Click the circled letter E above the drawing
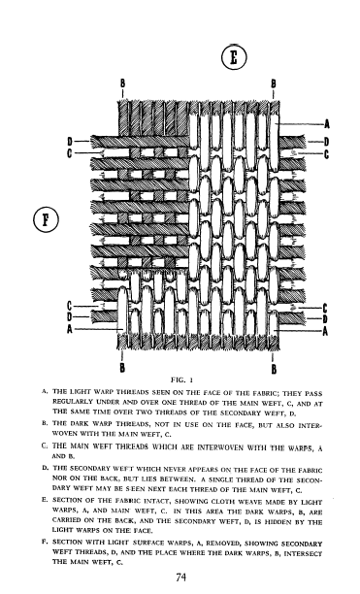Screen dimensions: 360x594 click(234, 57)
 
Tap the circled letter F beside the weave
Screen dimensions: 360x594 click(46, 219)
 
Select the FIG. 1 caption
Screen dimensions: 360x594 click(182, 379)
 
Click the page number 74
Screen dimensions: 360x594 click(180, 577)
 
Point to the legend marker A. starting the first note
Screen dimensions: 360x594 click(45, 391)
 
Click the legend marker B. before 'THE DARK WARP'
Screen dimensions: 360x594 click(45, 423)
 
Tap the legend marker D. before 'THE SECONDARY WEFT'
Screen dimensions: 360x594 click(45, 468)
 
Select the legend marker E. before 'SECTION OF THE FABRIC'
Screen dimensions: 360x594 click(45, 500)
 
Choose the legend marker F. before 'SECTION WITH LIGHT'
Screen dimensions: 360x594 click(45, 542)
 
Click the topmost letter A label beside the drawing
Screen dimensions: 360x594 click(327, 123)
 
